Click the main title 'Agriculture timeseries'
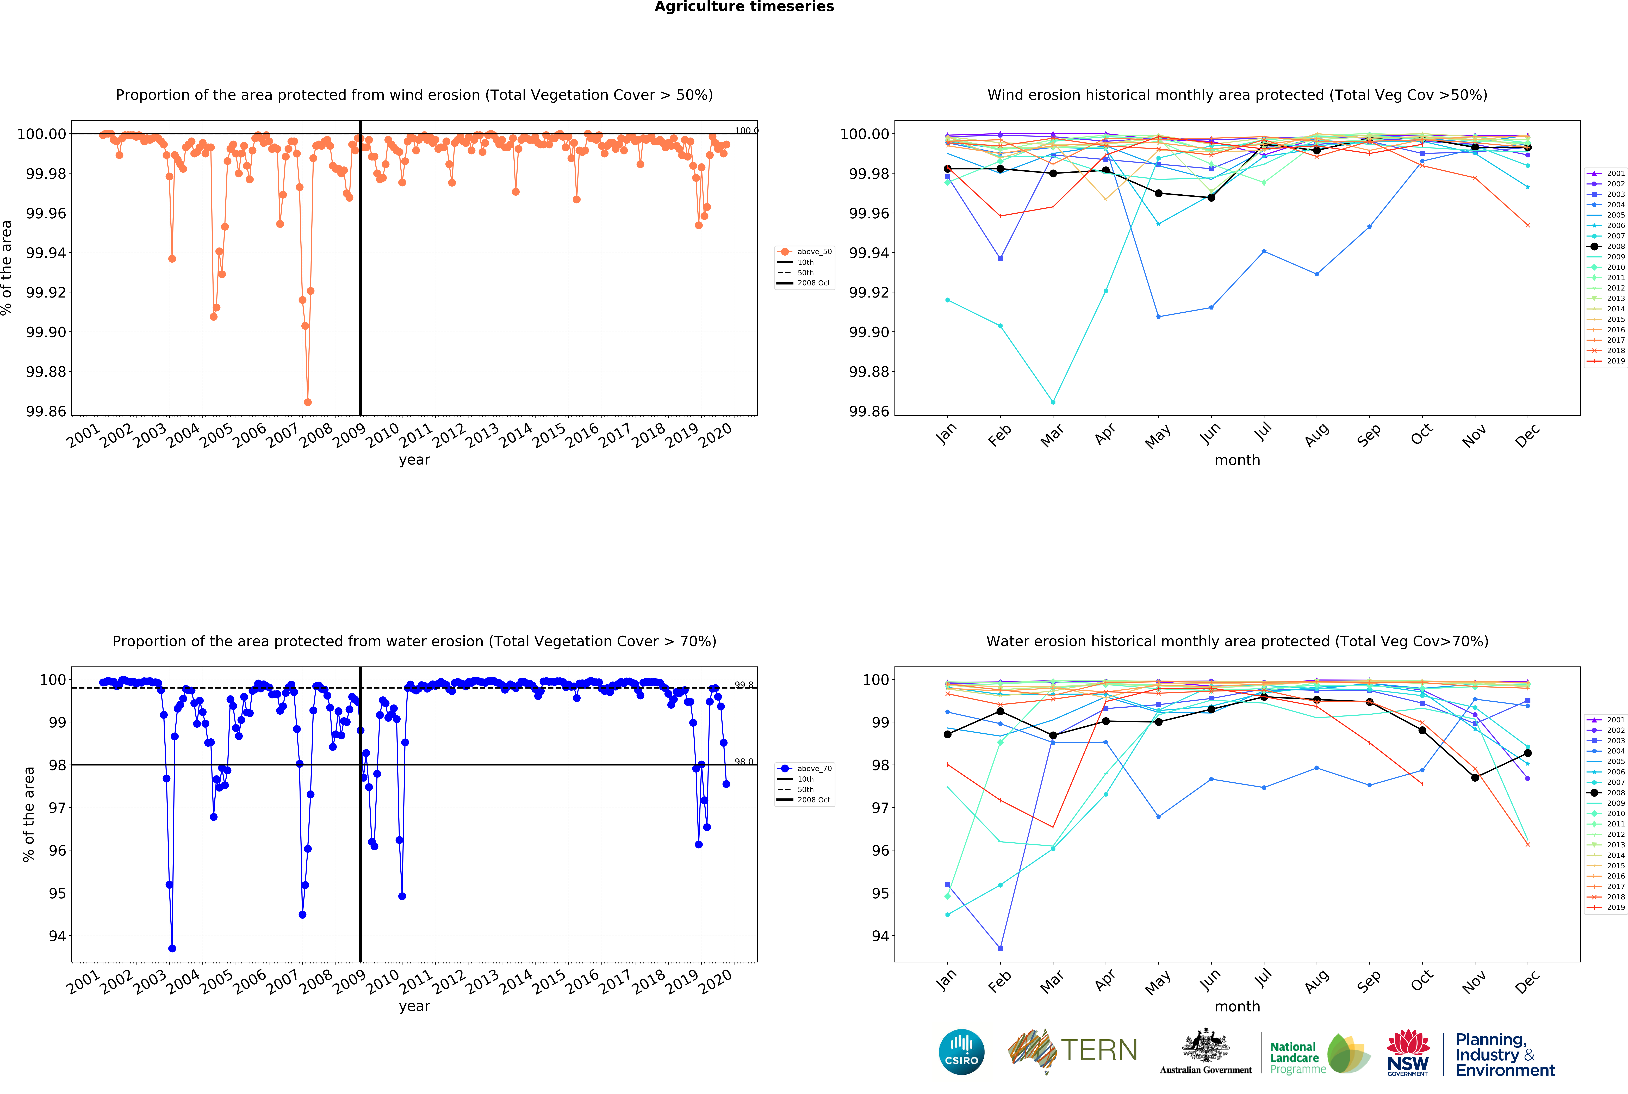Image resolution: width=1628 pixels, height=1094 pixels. [x=744, y=7]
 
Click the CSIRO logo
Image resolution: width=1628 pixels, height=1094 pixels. [x=961, y=1052]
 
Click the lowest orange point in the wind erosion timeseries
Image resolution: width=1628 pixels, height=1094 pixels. [x=308, y=402]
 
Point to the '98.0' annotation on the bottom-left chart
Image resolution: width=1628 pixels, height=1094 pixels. [x=744, y=761]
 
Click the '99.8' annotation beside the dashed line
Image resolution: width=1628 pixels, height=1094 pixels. [x=744, y=684]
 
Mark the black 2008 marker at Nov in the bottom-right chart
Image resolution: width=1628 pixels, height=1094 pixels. [x=1475, y=777]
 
